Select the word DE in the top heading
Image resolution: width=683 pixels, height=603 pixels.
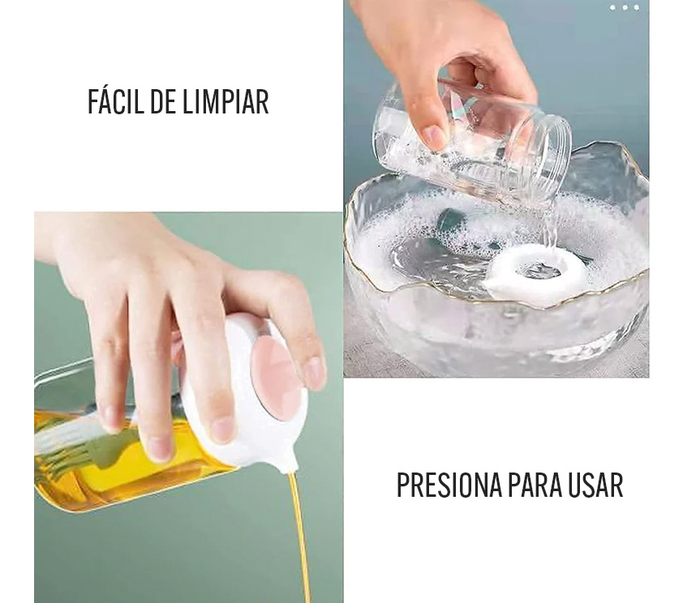[163, 102]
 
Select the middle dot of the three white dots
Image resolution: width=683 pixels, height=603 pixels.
[625, 7]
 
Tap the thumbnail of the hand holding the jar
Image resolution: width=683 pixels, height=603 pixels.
[432, 135]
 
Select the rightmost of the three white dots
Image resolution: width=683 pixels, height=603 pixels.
[637, 7]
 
